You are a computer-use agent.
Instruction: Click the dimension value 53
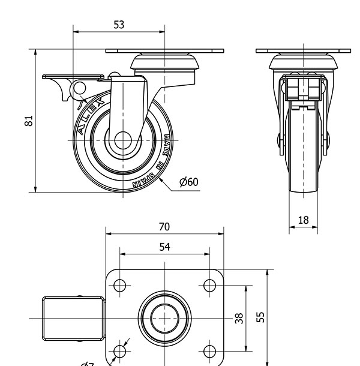[119, 25]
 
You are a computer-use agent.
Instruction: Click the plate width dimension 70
[164, 227]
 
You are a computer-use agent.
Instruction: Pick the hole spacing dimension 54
[164, 247]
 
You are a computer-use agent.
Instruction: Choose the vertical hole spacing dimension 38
[239, 318]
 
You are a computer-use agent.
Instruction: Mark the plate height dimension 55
[260, 317]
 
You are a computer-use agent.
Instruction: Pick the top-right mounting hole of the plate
[210, 285]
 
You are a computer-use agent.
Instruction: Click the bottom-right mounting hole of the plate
[210, 350]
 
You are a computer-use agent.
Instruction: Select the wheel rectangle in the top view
[73, 318]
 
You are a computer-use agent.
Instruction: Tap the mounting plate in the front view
[304, 50]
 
